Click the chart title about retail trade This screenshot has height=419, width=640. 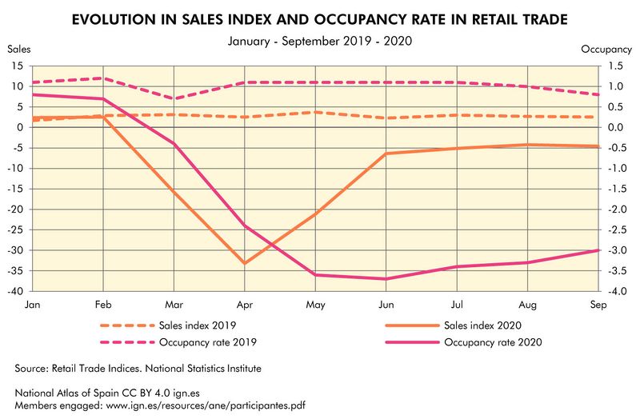click(x=320, y=18)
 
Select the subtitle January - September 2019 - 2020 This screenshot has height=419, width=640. click(x=320, y=39)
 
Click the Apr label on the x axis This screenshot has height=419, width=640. click(x=244, y=305)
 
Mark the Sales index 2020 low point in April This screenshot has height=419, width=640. click(x=244, y=263)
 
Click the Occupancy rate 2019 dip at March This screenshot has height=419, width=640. click(x=174, y=99)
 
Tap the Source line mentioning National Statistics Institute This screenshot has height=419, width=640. click(x=138, y=369)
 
